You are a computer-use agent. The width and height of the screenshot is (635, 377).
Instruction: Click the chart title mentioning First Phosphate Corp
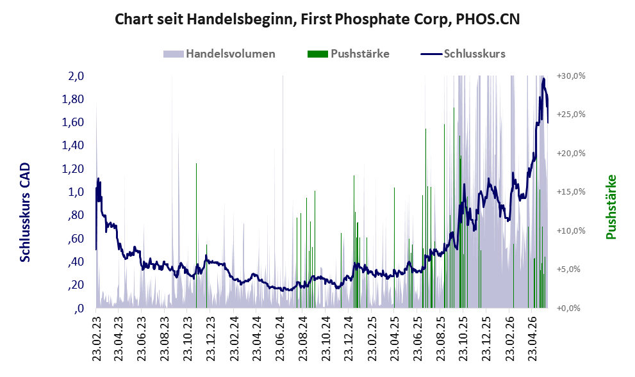pyautogui.click(x=317, y=19)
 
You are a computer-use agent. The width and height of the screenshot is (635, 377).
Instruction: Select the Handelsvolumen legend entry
pyautogui.click(x=219, y=54)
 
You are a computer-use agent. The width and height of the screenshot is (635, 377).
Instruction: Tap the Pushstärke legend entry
pyautogui.click(x=349, y=54)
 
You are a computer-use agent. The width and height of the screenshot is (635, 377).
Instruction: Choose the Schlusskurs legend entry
pyautogui.click(x=463, y=54)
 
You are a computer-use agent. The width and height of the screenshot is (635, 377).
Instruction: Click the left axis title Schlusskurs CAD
pyautogui.click(x=25, y=213)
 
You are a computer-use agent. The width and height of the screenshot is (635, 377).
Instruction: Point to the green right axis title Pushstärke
pyautogui.click(x=611, y=207)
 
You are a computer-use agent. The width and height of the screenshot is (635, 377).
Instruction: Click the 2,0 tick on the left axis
pyautogui.click(x=76, y=76)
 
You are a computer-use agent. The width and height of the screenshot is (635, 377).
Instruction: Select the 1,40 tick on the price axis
pyautogui.click(x=73, y=145)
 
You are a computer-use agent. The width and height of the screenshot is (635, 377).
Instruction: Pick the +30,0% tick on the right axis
pyautogui.click(x=571, y=76)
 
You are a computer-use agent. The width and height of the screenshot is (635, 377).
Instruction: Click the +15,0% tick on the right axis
pyautogui.click(x=571, y=192)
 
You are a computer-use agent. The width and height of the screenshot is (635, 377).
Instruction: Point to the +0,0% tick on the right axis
pyautogui.click(x=568, y=309)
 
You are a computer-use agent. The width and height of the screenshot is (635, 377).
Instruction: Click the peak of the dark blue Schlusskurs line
pyautogui.click(x=543, y=79)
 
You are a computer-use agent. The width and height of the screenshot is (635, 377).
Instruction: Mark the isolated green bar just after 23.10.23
pyautogui.click(x=197, y=236)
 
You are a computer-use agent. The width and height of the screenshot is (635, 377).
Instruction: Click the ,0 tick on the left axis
pyautogui.click(x=79, y=309)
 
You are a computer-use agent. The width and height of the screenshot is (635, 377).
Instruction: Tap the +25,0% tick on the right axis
pyautogui.click(x=571, y=115)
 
